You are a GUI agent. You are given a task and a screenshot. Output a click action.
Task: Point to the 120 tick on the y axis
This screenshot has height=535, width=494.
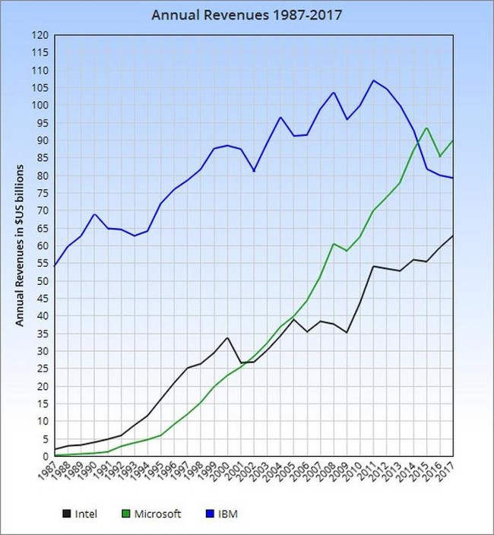[40, 35]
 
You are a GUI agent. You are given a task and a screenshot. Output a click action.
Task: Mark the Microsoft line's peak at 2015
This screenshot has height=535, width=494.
[427, 128]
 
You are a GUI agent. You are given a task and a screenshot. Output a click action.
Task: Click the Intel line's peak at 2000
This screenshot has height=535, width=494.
[228, 337]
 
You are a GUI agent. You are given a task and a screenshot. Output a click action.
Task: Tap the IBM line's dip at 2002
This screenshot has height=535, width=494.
[255, 171]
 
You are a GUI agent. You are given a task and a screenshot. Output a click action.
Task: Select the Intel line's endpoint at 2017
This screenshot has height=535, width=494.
[454, 236]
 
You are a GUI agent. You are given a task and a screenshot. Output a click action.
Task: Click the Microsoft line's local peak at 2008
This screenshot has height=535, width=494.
[334, 244]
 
